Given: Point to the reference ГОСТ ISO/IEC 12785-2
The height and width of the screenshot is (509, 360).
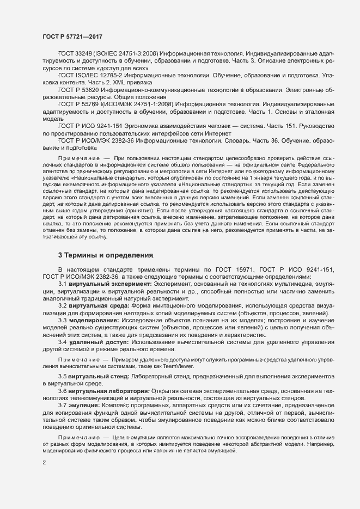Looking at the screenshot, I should (x=92, y=74).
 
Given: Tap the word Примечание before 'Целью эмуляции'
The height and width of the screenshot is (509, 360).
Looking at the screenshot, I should (x=77, y=437).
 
